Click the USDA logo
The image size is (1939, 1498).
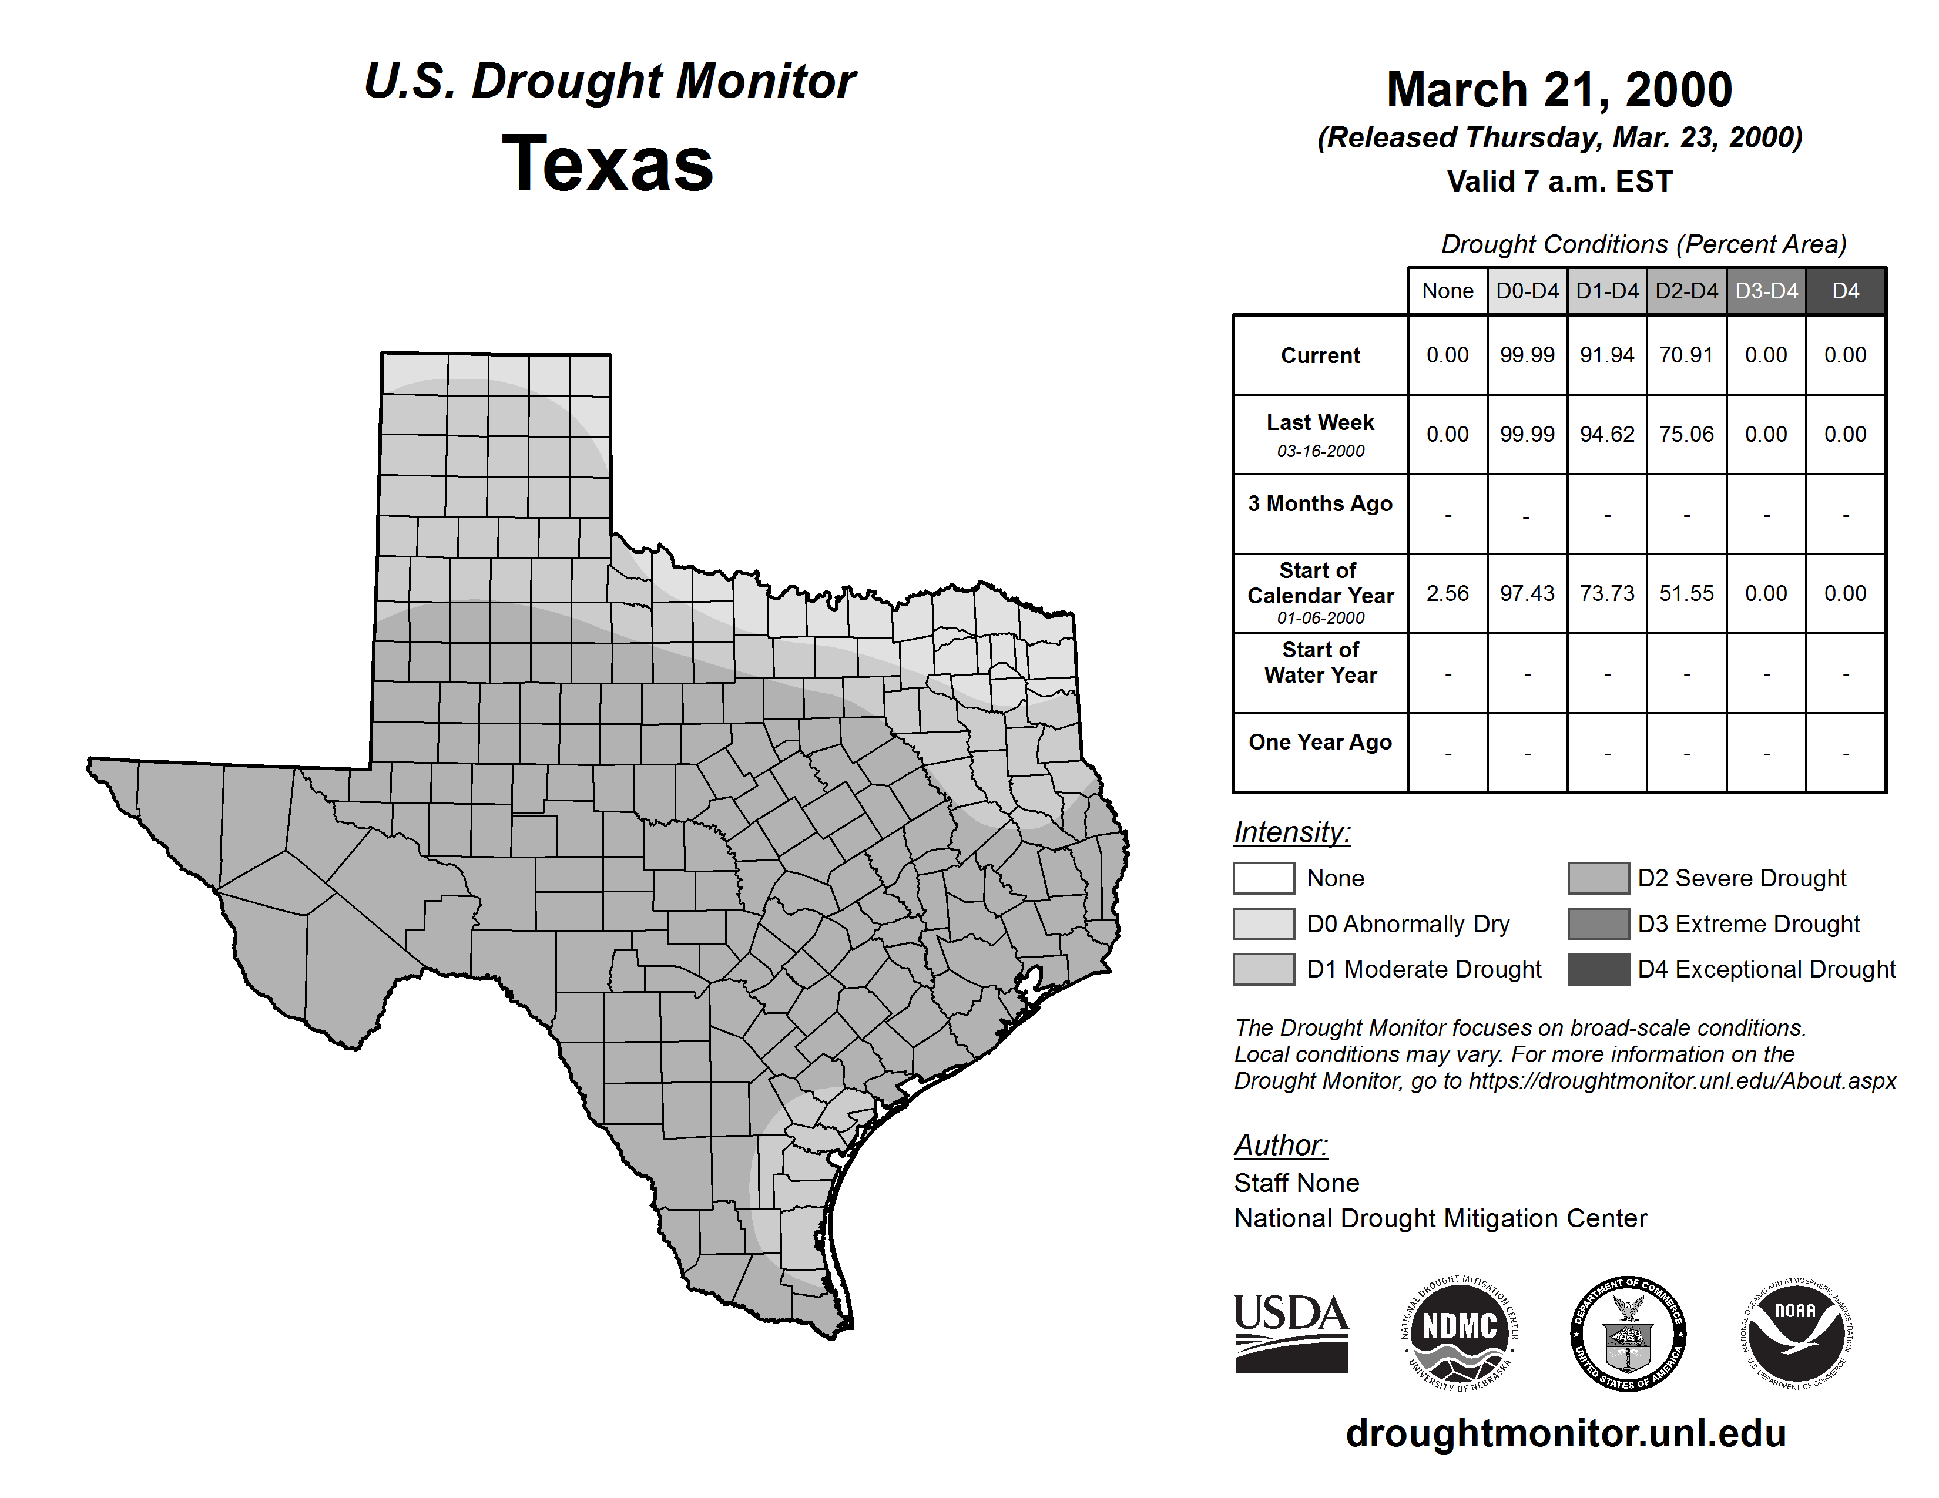tap(1291, 1333)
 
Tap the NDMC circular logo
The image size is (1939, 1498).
tap(1460, 1333)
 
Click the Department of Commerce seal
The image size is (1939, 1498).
tap(1628, 1333)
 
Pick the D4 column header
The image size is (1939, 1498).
tap(1845, 291)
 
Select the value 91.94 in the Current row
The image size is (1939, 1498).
tap(1607, 355)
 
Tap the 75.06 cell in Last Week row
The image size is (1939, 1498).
tap(1686, 434)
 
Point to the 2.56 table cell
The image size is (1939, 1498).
tap(1447, 593)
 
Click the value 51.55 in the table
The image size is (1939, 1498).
tap(1686, 593)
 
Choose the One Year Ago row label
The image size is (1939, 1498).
tap(1320, 742)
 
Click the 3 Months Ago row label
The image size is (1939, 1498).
tap(1320, 503)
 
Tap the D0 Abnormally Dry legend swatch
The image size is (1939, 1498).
tap(1263, 923)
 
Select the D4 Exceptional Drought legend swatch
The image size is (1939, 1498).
tap(1598, 969)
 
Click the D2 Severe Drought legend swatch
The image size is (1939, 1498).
tap(1598, 878)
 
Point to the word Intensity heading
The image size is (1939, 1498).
tap(1291, 832)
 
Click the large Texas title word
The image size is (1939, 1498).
tap(608, 163)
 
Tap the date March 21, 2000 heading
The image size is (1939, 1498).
tap(1559, 90)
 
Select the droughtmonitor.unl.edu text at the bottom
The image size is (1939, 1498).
tap(1566, 1433)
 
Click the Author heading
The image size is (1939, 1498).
tap(1280, 1145)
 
